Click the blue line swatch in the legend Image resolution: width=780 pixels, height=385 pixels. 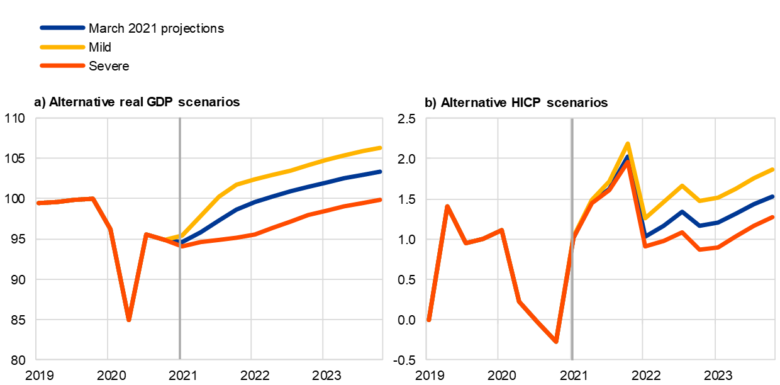62,28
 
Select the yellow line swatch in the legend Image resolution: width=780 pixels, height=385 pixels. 62,47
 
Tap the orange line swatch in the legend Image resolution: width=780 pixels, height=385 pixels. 62,65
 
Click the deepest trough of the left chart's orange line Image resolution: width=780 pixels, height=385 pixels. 128,320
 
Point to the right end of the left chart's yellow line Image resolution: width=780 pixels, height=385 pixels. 381,148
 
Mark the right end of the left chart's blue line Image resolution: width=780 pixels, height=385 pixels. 381,171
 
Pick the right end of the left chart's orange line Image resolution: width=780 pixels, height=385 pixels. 381,200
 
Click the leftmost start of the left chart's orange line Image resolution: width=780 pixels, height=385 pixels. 38,203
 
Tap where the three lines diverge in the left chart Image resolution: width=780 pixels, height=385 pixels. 181,242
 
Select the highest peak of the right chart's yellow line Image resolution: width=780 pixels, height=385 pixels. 627,144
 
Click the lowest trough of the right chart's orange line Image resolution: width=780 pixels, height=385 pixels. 556,342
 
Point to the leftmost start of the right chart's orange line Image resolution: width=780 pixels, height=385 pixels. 428,320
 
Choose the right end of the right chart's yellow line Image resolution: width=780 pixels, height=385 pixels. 773,169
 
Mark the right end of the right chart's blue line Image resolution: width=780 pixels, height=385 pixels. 773,196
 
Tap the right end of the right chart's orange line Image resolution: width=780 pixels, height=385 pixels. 773,216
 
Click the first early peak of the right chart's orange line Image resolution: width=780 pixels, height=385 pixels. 447,206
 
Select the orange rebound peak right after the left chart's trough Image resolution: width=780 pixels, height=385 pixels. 146,234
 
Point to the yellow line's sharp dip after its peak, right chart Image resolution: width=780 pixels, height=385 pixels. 645,218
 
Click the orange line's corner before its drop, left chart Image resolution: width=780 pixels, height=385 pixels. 92,198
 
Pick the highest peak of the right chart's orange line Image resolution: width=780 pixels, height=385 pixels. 627,162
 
